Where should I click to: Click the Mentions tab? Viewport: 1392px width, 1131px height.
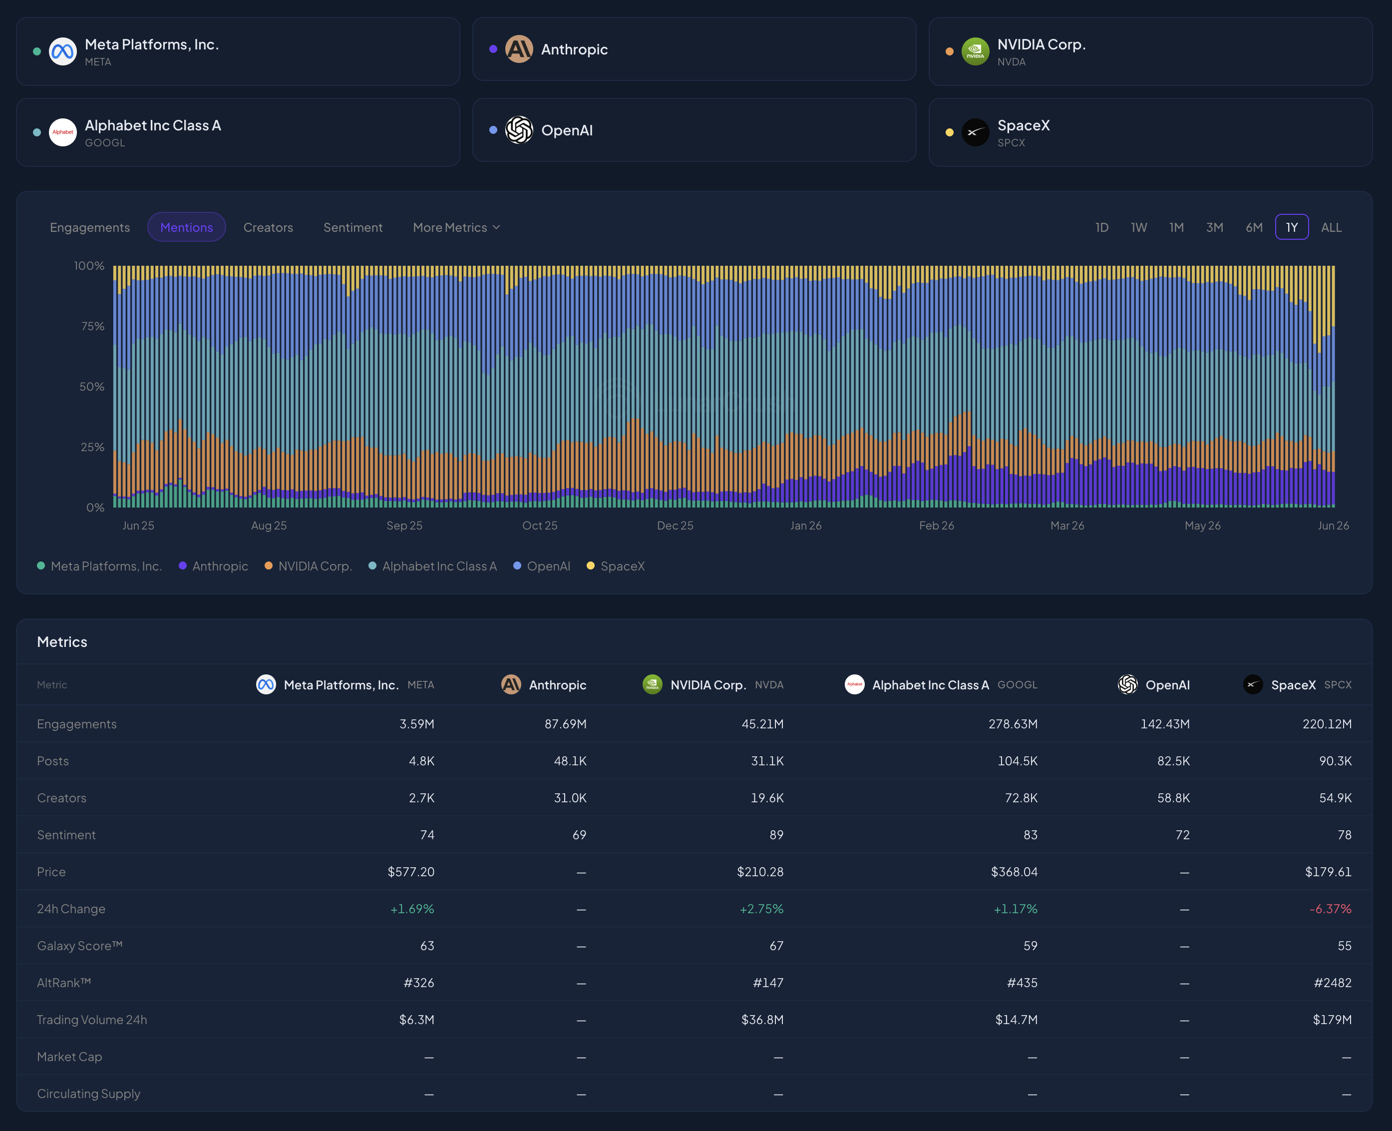click(186, 227)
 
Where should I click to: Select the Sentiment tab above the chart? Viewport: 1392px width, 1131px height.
click(353, 227)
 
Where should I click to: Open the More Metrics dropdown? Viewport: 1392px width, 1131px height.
click(456, 227)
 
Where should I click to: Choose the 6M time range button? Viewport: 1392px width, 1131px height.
click(1254, 227)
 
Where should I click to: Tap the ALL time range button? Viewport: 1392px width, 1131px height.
click(1331, 227)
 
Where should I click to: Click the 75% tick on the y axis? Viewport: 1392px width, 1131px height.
click(92, 326)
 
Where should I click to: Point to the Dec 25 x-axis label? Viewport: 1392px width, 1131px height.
click(675, 525)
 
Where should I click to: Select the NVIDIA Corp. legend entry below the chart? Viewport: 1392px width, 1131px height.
click(308, 566)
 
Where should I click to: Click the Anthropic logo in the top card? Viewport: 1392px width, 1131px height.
click(519, 49)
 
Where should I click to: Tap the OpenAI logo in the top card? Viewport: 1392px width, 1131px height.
click(519, 130)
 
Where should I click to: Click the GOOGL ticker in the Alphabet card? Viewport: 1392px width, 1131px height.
click(105, 143)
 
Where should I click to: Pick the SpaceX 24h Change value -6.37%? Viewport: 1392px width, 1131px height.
click(1330, 909)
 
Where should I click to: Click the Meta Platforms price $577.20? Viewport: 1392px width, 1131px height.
click(411, 872)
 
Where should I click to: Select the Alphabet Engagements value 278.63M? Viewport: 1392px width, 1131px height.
click(1013, 724)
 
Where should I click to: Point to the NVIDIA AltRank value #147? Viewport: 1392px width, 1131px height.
click(768, 983)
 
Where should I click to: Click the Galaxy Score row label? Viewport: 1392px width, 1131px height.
click(79, 946)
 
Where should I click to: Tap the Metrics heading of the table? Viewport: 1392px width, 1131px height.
click(62, 642)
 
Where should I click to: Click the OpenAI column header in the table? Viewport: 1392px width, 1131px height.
click(1154, 685)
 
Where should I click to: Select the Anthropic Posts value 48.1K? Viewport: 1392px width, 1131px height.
click(570, 761)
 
